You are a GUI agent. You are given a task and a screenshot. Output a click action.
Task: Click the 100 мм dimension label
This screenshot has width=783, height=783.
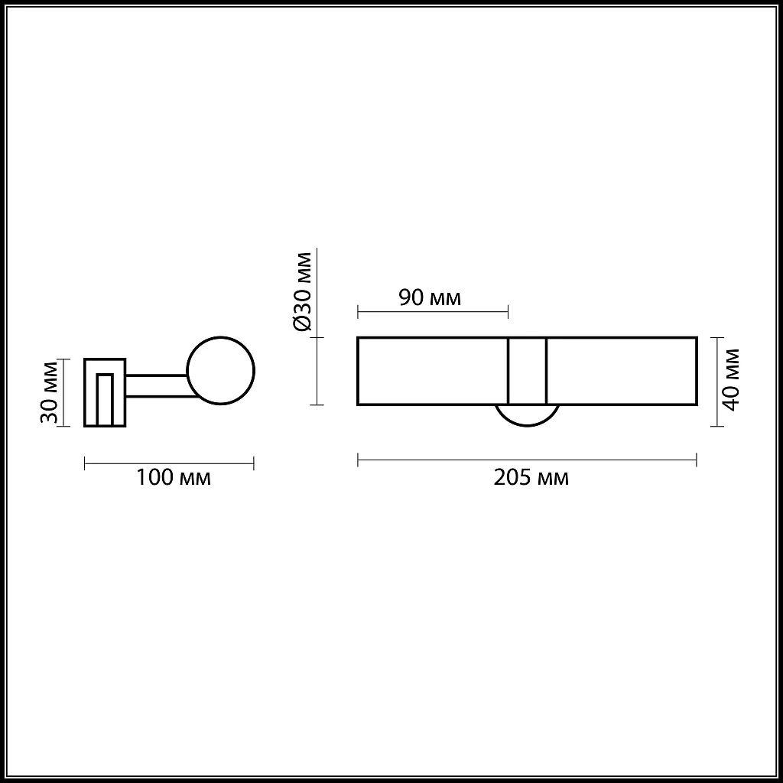coord(173,479)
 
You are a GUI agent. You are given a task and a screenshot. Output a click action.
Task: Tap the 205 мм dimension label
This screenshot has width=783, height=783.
coord(531,479)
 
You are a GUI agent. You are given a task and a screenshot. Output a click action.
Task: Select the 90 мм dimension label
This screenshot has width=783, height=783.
coord(430,297)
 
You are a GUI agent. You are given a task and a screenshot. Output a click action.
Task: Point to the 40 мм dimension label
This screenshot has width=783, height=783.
coord(731,379)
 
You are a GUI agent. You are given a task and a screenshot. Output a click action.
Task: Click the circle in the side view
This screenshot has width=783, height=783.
coord(221,371)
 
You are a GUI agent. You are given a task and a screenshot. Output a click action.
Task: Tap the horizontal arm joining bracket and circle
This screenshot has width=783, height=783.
coord(157,386)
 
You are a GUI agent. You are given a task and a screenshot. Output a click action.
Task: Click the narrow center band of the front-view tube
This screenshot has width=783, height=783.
coord(527,371)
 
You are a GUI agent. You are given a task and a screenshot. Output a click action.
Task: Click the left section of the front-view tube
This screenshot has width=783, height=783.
coord(432,371)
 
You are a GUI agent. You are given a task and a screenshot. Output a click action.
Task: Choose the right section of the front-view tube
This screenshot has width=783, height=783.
coord(621,371)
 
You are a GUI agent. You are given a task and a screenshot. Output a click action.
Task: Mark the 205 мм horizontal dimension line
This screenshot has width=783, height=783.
coord(527,460)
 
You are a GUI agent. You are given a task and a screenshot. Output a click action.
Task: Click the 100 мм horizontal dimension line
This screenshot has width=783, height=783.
coord(168,463)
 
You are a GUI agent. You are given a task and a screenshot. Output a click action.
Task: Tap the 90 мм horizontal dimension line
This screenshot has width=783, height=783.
coord(432,311)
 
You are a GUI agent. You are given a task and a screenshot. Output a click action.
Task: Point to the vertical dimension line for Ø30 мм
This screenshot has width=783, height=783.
coord(317,371)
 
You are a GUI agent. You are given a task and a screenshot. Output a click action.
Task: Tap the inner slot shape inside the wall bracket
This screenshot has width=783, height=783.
coord(105,398)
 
